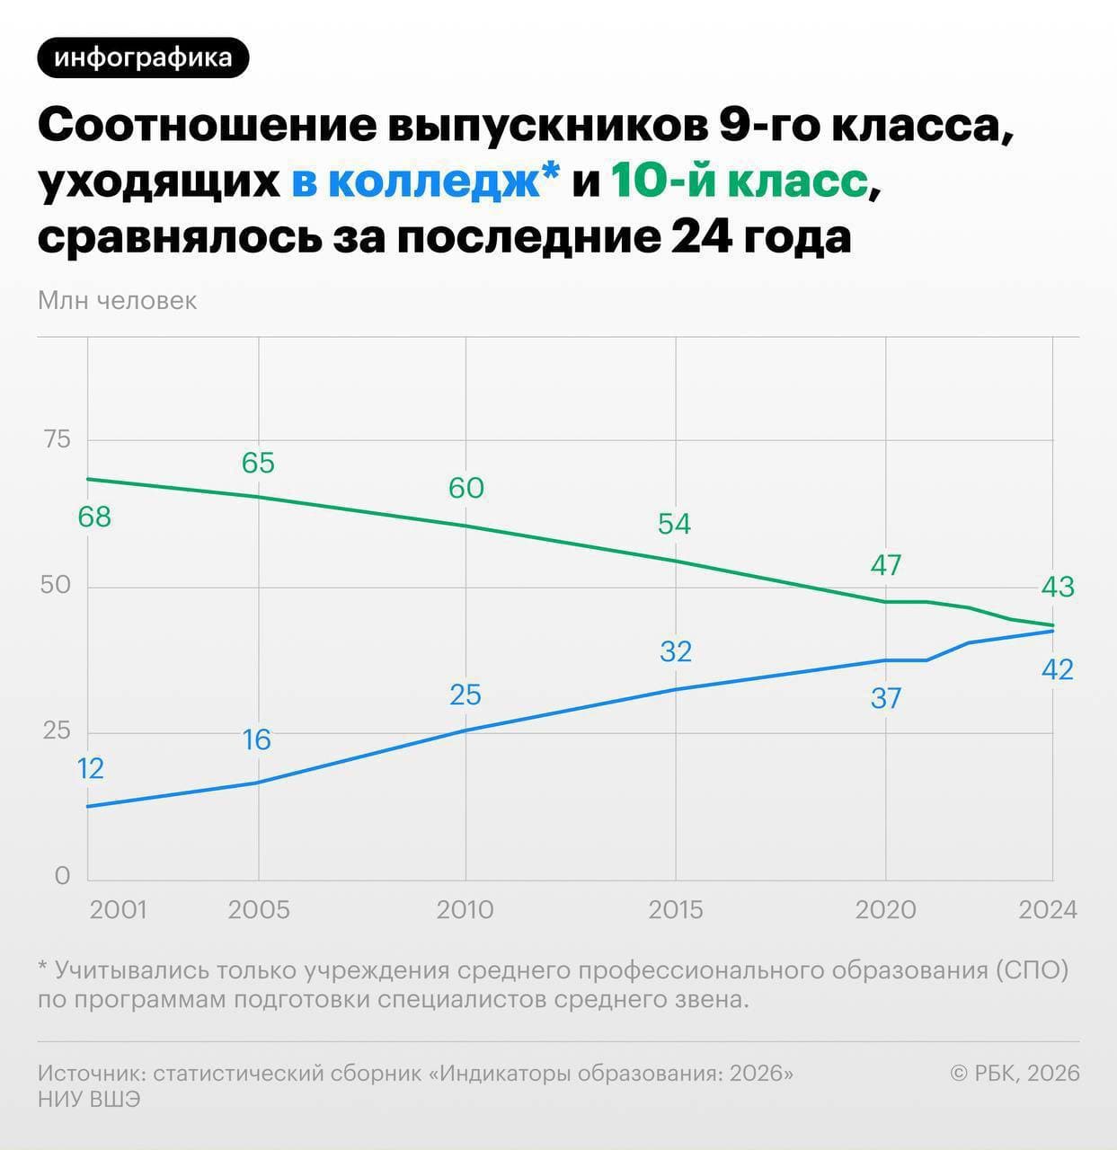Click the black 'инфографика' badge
pyautogui.click(x=143, y=58)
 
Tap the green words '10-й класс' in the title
pyautogui.click(x=739, y=182)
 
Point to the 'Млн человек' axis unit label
pyautogui.click(x=117, y=300)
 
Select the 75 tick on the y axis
pyautogui.click(x=56, y=439)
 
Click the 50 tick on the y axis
pyautogui.click(x=56, y=585)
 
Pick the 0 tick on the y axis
pyautogui.click(x=62, y=876)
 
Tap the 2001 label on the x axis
pyautogui.click(x=118, y=910)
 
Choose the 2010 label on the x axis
pyautogui.click(x=465, y=910)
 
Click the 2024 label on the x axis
pyautogui.click(x=1047, y=910)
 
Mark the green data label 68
pyautogui.click(x=94, y=517)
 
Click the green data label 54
pyautogui.click(x=674, y=524)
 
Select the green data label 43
pyautogui.click(x=1057, y=587)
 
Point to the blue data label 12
pyautogui.click(x=90, y=769)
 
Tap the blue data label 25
pyautogui.click(x=465, y=694)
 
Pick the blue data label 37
pyautogui.click(x=885, y=698)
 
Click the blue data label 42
pyautogui.click(x=1057, y=669)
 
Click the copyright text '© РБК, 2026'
pyautogui.click(x=1015, y=1073)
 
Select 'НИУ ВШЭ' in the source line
pyautogui.click(x=89, y=1100)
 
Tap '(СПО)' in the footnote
pyautogui.click(x=1032, y=971)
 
